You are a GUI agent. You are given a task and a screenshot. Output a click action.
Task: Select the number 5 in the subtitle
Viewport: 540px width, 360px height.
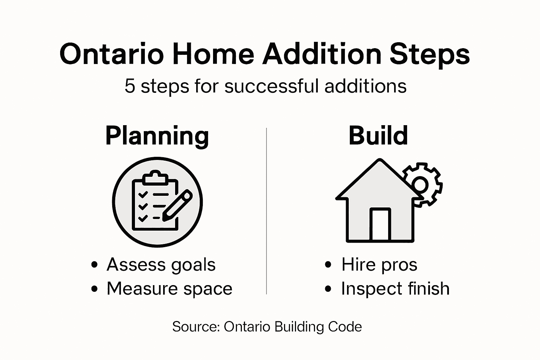pyautogui.click(x=130, y=86)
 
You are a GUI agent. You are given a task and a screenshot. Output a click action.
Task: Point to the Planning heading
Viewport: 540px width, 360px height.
pyautogui.click(x=157, y=136)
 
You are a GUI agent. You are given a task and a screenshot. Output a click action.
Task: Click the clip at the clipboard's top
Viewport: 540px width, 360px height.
pyautogui.click(x=155, y=178)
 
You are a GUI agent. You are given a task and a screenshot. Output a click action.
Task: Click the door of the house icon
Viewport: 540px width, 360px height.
pyautogui.click(x=380, y=225)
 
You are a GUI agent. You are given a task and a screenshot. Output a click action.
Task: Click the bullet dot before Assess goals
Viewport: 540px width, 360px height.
pyautogui.click(x=94, y=265)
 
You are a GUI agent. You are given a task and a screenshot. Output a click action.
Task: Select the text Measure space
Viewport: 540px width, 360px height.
pyautogui.click(x=169, y=289)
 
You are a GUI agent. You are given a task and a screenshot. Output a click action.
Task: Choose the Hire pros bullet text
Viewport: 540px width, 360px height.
pyautogui.click(x=379, y=265)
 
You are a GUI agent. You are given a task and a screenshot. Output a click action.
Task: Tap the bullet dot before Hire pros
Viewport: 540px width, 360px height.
pyautogui.click(x=328, y=265)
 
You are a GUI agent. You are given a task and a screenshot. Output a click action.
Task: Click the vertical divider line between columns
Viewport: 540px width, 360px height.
pyautogui.click(x=266, y=211)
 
